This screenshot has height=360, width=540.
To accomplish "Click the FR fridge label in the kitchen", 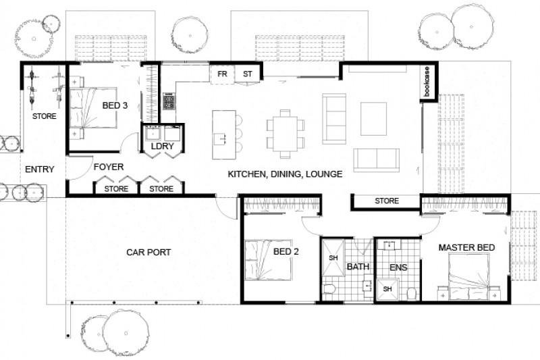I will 221,74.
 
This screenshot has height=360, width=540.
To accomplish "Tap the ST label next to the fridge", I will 247,74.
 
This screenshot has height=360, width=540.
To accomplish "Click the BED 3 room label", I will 115,106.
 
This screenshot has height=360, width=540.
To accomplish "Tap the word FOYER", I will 107,167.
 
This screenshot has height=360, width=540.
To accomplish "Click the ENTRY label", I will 39,169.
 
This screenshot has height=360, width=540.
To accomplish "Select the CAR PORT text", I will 148,253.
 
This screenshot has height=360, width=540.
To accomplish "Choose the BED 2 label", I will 286,252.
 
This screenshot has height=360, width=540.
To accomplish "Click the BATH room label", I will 358,267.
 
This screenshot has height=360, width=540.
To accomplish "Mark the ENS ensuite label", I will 398,267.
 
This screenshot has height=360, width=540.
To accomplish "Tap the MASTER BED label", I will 466,248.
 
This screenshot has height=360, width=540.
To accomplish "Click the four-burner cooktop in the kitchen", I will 169,102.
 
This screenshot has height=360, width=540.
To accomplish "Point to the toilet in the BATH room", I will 330,290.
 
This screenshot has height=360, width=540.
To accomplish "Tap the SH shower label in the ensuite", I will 387,289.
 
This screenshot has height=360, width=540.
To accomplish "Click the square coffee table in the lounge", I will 373,120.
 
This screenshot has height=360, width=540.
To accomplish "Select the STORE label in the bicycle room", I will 45,117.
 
